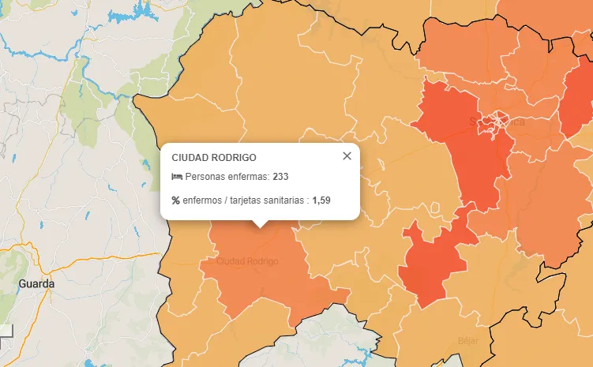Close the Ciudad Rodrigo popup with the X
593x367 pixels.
(x=347, y=156)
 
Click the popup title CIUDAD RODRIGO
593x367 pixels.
(x=213, y=158)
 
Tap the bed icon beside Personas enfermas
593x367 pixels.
(x=177, y=177)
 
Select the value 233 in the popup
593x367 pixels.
(x=280, y=177)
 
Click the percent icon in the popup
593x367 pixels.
(x=176, y=200)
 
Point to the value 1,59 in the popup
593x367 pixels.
(x=321, y=200)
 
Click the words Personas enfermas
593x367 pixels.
(x=227, y=177)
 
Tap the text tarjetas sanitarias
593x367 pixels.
(x=268, y=200)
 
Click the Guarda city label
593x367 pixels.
(x=36, y=283)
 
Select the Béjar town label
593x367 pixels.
(x=468, y=341)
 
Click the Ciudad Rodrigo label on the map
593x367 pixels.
(x=247, y=261)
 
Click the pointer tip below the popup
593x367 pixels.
(x=260, y=225)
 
